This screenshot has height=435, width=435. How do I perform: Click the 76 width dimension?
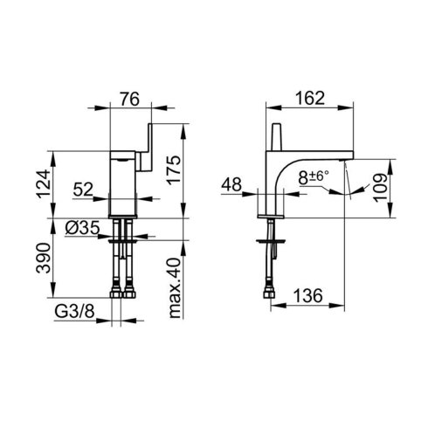click(x=130, y=99)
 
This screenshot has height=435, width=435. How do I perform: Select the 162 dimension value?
click(x=310, y=98)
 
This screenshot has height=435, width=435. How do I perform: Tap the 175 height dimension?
click(x=174, y=169)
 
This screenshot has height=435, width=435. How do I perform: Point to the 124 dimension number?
click(x=44, y=184)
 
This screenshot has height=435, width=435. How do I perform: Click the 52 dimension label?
click(x=83, y=190)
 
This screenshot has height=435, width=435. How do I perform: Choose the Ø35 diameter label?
click(x=82, y=228)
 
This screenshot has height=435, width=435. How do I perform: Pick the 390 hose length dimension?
click(x=44, y=258)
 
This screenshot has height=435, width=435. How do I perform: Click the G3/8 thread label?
click(x=74, y=312)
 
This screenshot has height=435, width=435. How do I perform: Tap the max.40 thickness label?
click(x=175, y=287)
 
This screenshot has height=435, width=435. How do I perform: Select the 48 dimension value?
click(x=231, y=184)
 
